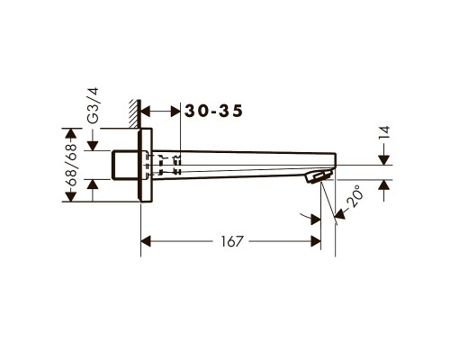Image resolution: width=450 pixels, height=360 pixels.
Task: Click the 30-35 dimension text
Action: point(213,111)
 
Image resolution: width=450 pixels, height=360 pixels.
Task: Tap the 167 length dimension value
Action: point(231,241)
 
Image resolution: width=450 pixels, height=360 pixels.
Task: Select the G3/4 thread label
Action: point(94,105)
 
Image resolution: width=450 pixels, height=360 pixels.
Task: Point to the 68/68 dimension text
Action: point(71,165)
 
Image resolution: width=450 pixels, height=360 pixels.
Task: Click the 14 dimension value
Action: point(384,132)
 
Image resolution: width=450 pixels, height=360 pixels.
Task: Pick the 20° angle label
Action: point(356,196)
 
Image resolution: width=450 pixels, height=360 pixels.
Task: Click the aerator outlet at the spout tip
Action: point(319,176)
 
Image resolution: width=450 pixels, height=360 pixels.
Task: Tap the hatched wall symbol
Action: point(135,114)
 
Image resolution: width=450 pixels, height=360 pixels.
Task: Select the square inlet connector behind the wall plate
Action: point(125,165)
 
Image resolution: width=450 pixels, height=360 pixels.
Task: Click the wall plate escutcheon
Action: point(145,165)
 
